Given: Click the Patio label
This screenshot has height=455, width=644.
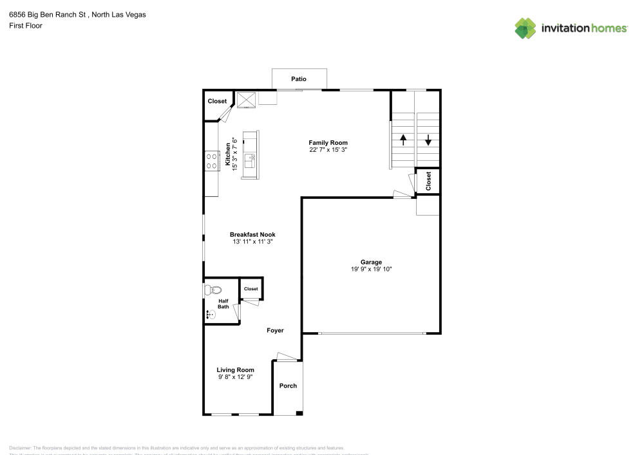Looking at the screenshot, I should pyautogui.click(x=298, y=79).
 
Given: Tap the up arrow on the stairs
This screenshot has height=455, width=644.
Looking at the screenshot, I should pyautogui.click(x=403, y=139).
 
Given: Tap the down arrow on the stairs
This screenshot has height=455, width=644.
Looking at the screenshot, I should pyautogui.click(x=428, y=139).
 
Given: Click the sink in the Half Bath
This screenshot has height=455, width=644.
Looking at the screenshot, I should pyautogui.click(x=211, y=315).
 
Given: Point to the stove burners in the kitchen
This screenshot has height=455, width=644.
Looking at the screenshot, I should pyautogui.click(x=211, y=160).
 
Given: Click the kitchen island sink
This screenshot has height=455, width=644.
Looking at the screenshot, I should pyautogui.click(x=252, y=157).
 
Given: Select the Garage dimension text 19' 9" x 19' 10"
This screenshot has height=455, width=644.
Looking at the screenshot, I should pyautogui.click(x=371, y=269).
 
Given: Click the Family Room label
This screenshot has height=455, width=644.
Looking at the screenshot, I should pyautogui.click(x=328, y=143).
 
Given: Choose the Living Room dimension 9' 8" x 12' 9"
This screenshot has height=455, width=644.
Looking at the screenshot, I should pyautogui.click(x=235, y=377).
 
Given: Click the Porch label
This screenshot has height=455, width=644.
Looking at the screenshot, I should pyautogui.click(x=288, y=386).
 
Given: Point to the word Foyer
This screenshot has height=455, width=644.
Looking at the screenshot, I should pyautogui.click(x=276, y=330).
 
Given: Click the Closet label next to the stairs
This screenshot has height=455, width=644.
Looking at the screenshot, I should pyautogui.click(x=428, y=181).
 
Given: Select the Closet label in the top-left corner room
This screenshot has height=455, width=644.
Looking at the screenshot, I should pyautogui.click(x=217, y=101).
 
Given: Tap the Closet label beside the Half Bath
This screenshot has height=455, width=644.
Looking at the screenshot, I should pyautogui.click(x=251, y=289).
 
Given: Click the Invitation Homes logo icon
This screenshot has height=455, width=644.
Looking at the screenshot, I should pyautogui.click(x=526, y=28).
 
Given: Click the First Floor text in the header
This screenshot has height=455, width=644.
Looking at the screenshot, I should pyautogui.click(x=26, y=26).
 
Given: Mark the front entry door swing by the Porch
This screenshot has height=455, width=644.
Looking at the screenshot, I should pyautogui.click(x=284, y=356).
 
